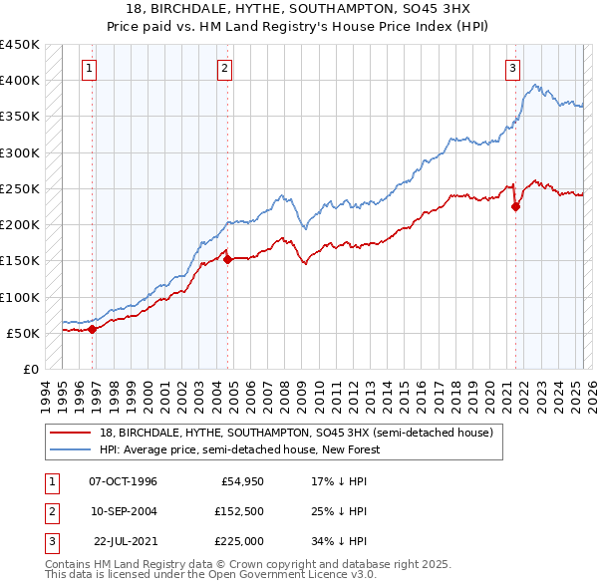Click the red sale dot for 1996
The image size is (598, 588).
click(x=93, y=329)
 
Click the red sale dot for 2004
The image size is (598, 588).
click(x=228, y=259)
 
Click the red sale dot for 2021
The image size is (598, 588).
click(x=516, y=207)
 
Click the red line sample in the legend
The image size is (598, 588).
click(x=72, y=434)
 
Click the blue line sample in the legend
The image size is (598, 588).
click(x=72, y=449)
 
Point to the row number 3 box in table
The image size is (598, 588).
click(x=50, y=541)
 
